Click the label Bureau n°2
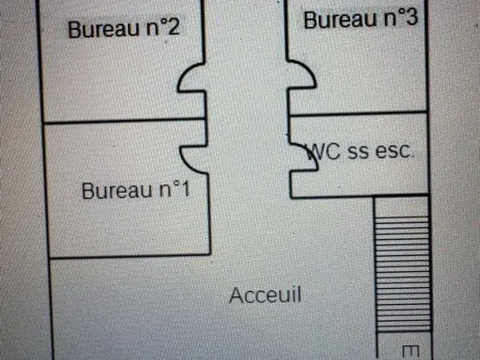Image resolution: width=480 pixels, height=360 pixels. coord(124,29)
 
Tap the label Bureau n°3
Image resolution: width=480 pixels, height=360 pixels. coord(361,18)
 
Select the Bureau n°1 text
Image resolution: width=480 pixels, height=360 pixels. coord(136,190)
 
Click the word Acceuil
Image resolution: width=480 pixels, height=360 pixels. coord(266,295)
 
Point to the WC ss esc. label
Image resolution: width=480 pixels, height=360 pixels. coord(360,151)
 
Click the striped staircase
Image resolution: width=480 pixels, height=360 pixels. coord(402,274)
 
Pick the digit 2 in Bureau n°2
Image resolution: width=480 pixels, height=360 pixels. coord(174,27)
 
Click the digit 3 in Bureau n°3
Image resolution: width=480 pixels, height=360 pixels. coord(411,17)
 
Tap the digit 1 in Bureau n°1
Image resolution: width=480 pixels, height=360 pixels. coord(186,189)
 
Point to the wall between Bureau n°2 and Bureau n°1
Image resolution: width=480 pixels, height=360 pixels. coord(124,121)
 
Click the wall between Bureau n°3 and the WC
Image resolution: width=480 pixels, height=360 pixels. coord(358,114)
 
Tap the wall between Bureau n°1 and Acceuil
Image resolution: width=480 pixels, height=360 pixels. coord(130,256)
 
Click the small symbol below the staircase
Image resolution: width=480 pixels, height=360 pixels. coord(410,352)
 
